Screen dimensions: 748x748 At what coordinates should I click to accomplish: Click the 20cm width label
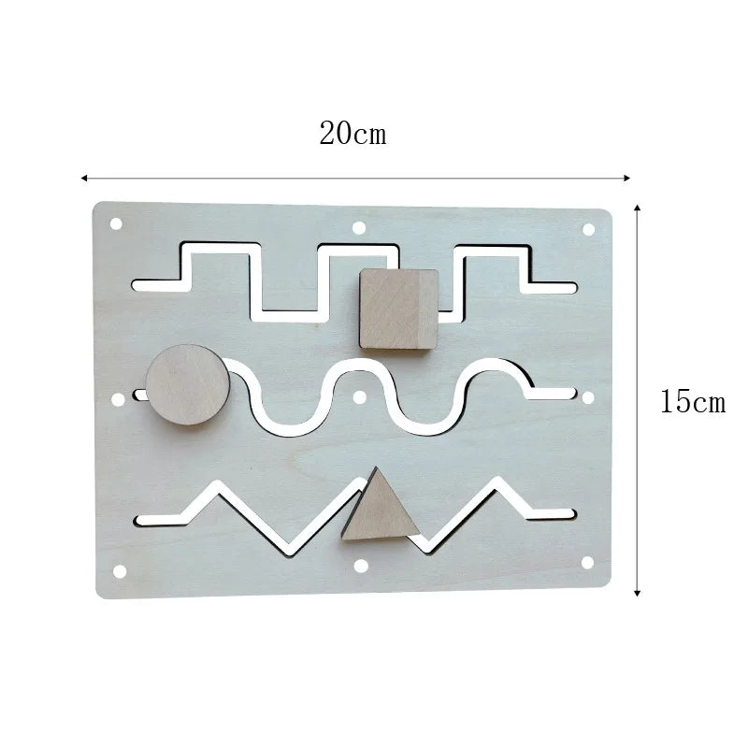click(352, 134)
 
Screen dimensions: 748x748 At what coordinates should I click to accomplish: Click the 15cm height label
click(692, 403)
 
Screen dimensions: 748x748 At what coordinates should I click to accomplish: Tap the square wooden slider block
click(399, 309)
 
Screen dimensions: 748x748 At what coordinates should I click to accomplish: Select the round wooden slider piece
click(187, 384)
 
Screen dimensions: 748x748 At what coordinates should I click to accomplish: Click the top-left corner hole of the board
click(116, 224)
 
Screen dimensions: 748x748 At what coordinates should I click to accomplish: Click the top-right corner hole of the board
click(589, 229)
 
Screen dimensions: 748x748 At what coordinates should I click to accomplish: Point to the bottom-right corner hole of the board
click(587, 563)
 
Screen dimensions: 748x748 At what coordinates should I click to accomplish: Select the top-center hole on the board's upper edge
click(357, 226)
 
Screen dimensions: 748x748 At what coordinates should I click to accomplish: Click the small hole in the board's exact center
click(360, 396)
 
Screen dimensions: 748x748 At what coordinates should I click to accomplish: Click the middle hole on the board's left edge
click(118, 399)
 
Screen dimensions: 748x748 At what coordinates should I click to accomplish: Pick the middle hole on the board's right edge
click(589, 397)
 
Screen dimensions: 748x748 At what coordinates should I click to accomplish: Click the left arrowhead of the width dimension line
click(84, 177)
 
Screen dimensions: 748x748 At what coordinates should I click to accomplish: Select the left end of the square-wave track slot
click(140, 283)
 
